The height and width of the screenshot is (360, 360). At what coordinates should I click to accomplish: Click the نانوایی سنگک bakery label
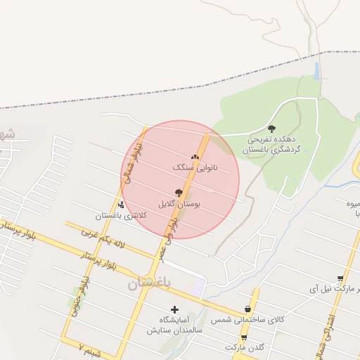(195, 169)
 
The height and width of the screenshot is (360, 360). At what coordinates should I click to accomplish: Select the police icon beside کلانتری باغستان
(121, 205)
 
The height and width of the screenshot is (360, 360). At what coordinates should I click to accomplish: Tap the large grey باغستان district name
(155, 284)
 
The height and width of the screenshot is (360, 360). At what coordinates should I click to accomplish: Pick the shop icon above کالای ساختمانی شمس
(247, 309)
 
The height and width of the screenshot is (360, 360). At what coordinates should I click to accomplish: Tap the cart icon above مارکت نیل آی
(340, 278)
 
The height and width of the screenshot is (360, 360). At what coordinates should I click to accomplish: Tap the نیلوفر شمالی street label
(134, 160)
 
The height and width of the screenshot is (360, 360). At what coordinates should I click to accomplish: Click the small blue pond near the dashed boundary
(317, 70)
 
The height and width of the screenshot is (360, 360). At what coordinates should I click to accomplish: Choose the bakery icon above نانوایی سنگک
(195, 157)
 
